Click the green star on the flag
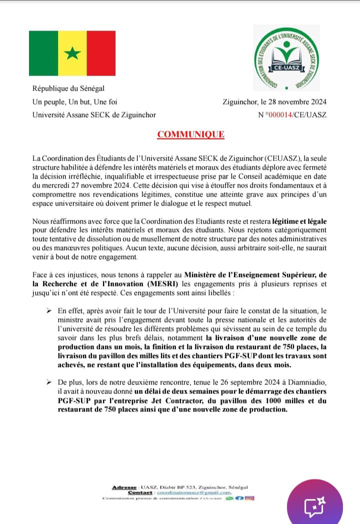(72, 53)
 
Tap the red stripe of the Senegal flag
(101, 53)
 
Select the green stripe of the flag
(43, 53)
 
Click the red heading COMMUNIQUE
(191, 134)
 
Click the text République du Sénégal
(68, 89)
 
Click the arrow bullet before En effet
(49, 311)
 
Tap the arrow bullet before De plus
(49, 382)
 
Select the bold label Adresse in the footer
(125, 487)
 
